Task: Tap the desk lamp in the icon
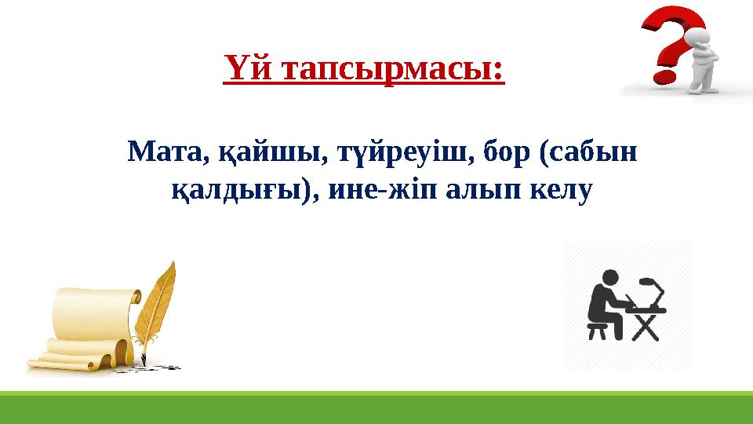650,287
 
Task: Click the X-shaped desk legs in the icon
646,326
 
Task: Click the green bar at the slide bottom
376,409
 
